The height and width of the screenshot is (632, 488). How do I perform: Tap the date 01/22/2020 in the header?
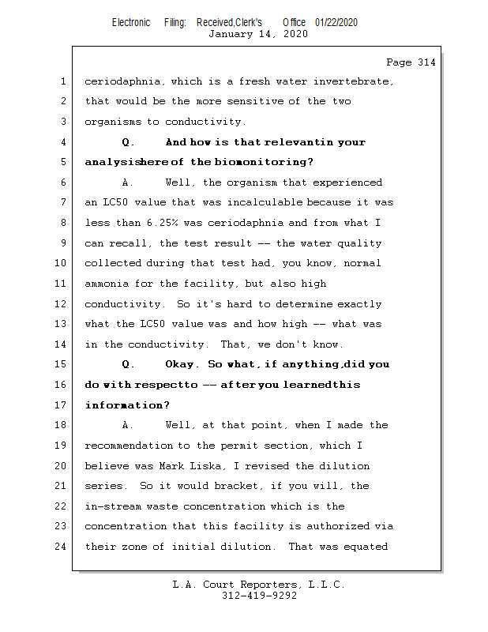(x=336, y=23)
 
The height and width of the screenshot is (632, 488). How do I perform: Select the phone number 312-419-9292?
(x=259, y=596)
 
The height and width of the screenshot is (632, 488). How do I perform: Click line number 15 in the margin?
(x=63, y=365)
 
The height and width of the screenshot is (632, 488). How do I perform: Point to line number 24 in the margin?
(x=63, y=546)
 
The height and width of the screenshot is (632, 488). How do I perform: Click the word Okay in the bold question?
(x=182, y=365)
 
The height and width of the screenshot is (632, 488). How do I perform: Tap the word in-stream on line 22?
(x=111, y=506)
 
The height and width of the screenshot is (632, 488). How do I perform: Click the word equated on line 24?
(x=364, y=546)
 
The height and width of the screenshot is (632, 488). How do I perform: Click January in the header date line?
(x=231, y=34)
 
